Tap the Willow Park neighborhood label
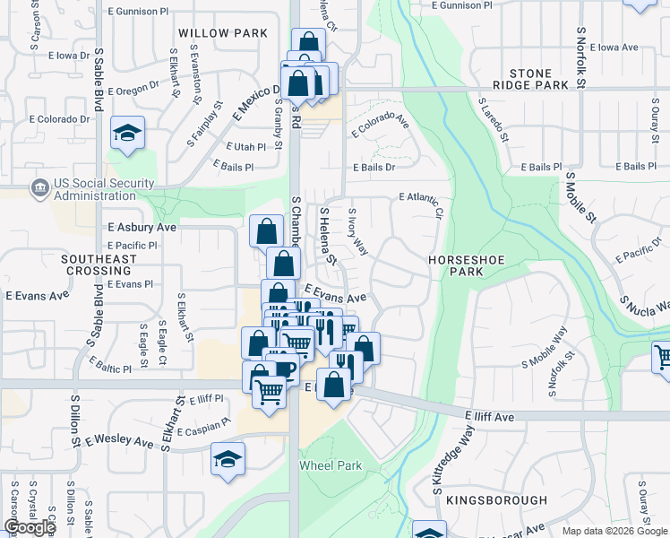tap(223, 33)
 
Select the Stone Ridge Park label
tap(538, 79)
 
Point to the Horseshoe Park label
tap(462, 265)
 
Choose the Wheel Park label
tap(331, 465)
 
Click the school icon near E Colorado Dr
tap(128, 134)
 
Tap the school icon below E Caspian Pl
tap(228, 458)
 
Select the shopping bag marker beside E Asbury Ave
tap(266, 231)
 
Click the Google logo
tap(30, 527)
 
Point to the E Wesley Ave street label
tap(120, 441)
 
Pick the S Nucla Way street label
tap(646, 301)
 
